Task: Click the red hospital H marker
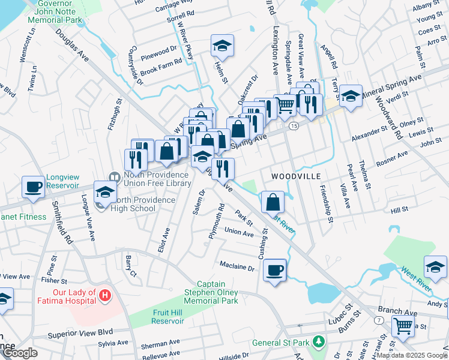106,295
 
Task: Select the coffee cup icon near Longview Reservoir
34,186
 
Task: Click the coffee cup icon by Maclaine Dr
274,269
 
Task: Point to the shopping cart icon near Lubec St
403,326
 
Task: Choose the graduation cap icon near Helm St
222,45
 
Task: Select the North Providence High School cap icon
105,193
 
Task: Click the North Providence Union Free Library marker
114,176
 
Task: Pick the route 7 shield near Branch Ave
379,321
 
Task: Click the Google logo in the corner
20,353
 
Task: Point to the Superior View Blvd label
80,331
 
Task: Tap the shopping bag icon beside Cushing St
273,202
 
